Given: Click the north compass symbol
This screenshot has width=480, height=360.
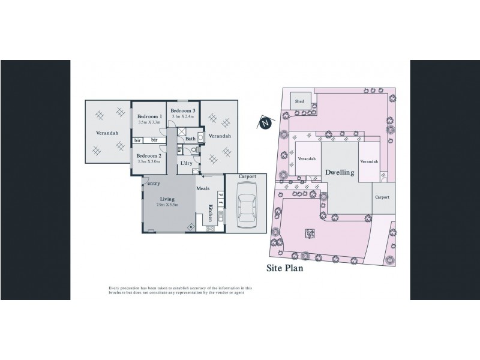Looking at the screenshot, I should coord(265,124).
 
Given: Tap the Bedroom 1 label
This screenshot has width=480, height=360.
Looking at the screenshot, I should coord(149,116).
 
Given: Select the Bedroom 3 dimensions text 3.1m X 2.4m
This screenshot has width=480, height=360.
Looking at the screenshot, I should coord(182,116).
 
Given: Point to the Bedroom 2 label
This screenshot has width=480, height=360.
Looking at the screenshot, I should coord(149,155).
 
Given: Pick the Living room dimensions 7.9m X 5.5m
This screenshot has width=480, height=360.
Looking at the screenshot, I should coord(166,205).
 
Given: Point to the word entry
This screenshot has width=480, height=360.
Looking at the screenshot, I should coord(154,183).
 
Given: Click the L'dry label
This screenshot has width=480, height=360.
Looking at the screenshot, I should coord(187,163).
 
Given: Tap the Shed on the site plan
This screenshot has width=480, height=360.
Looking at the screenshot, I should coord(299,102).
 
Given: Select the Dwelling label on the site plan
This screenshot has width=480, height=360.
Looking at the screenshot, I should coord(340,172).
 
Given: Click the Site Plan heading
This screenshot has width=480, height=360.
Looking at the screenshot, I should coord(285,269).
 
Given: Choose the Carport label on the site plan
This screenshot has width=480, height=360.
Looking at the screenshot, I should coord(382,197).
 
